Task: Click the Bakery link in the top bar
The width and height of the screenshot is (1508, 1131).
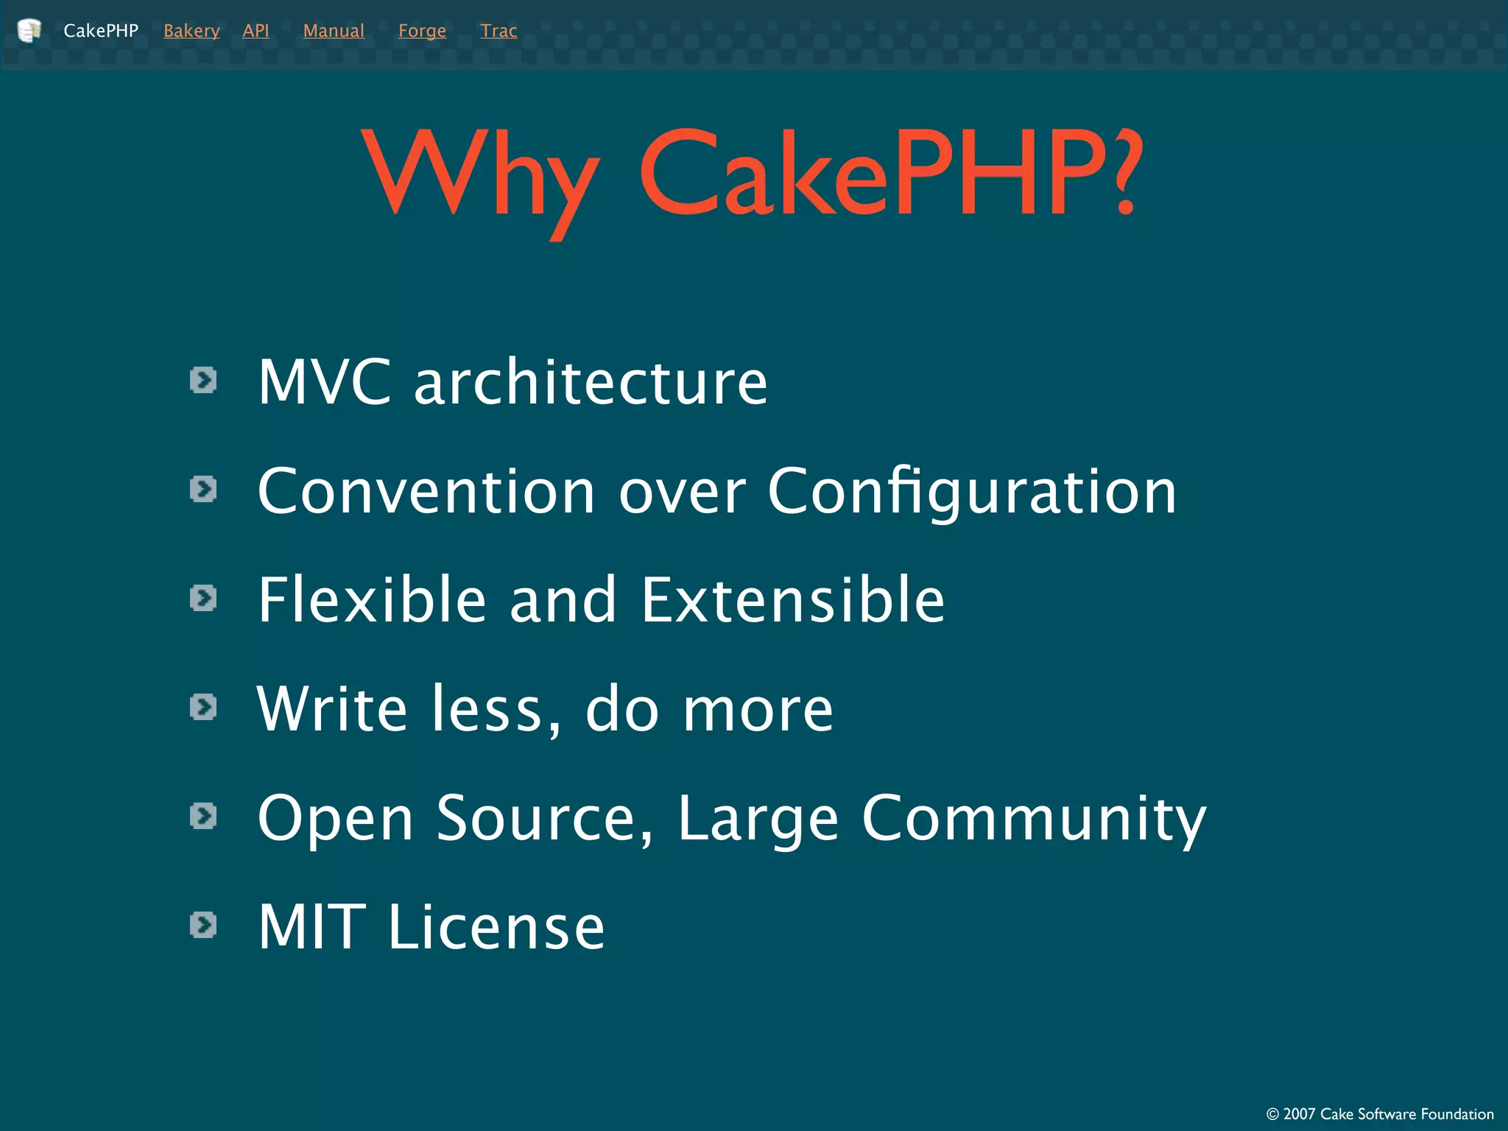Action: (191, 31)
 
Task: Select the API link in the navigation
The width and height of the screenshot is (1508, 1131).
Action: (256, 31)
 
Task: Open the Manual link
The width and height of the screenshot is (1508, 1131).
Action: (334, 31)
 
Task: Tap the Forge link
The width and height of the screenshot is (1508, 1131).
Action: (422, 31)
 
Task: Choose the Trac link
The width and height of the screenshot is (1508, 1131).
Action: (498, 31)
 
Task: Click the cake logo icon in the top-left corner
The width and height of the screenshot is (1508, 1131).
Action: (29, 31)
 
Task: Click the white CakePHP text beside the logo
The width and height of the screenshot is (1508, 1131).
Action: (101, 31)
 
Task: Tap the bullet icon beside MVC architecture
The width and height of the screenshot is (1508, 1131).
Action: (203, 381)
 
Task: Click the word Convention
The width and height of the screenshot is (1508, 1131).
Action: (426, 491)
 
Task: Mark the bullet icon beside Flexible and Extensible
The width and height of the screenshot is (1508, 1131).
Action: (203, 598)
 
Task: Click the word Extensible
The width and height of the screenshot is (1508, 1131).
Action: (793, 599)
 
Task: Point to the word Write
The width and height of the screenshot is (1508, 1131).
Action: (332, 708)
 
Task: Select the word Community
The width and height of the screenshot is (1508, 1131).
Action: (1034, 819)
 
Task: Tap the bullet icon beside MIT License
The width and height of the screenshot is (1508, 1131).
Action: (203, 925)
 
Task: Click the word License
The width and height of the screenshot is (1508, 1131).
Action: (496, 926)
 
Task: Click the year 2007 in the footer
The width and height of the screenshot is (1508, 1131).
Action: (1299, 1114)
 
